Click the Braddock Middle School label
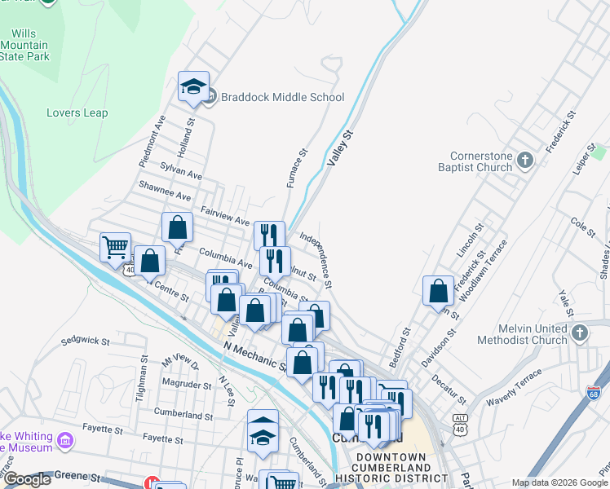281,97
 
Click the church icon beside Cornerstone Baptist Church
525,161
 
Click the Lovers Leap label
77,112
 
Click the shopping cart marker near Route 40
115,246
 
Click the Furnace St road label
297,168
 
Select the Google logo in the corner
27,480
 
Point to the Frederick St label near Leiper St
561,132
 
